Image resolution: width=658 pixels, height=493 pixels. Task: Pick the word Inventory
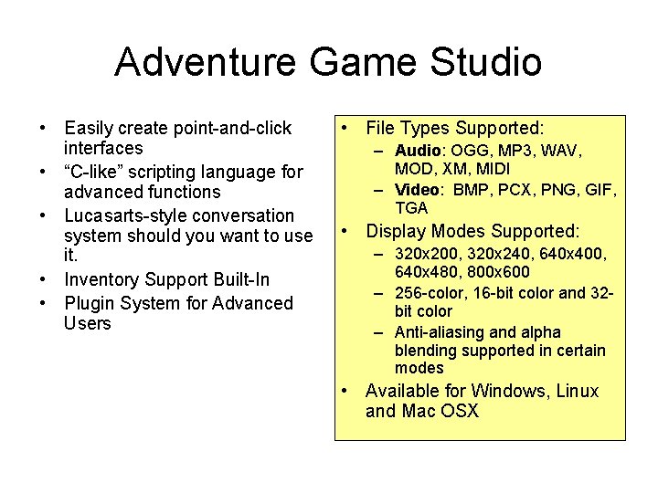pyautogui.click(x=101, y=279)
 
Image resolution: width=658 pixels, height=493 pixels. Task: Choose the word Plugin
pyautogui.click(x=90, y=303)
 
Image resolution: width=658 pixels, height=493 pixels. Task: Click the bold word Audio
pyautogui.click(x=419, y=151)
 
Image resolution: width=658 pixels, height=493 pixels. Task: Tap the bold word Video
pyautogui.click(x=418, y=190)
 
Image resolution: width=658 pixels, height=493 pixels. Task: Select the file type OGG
pyautogui.click(x=472, y=151)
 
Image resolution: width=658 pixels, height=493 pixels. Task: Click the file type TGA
pyautogui.click(x=411, y=208)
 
